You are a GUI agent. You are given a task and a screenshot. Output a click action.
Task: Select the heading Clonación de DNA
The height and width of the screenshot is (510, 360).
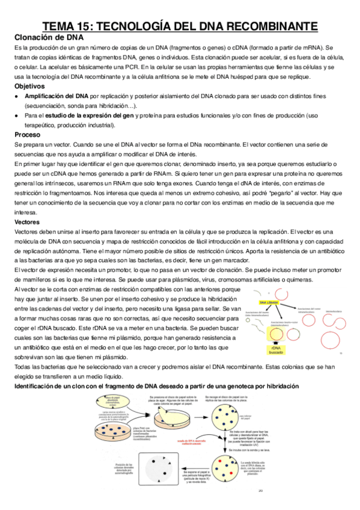pos(48,38)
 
